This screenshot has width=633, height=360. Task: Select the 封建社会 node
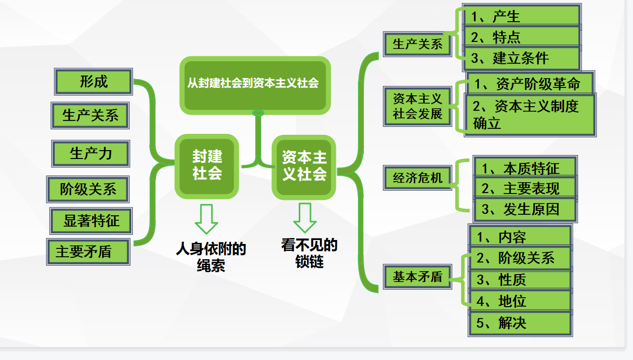coord(207,166)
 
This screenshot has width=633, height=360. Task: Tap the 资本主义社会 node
coord(304,166)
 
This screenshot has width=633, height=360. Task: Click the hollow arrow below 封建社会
coord(206,218)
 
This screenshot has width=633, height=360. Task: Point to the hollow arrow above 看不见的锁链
coord(305,217)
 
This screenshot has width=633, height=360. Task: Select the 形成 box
coord(94,81)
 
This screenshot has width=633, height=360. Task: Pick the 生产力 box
coord(91,154)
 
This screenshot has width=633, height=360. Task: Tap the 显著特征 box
coord(91,220)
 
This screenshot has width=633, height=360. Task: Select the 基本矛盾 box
coord(418,276)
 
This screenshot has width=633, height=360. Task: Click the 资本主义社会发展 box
coord(418,106)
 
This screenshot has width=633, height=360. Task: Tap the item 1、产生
coord(521,16)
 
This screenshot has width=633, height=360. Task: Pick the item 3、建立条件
coord(521,58)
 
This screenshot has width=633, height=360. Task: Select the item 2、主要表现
coord(524,188)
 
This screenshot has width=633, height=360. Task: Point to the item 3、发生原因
coord(524,210)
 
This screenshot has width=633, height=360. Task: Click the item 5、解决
coord(520,324)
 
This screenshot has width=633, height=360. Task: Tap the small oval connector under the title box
coord(258,114)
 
